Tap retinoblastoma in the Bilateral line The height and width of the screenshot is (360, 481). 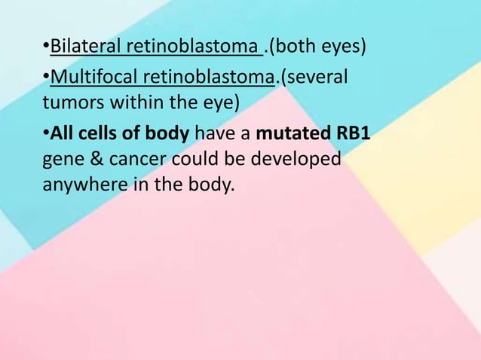tap(192, 49)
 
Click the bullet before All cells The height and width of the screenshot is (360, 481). tap(45, 135)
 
